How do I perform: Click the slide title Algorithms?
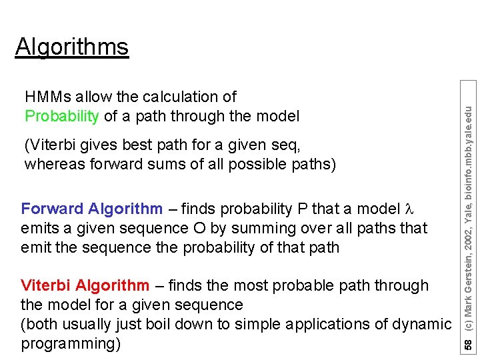71,47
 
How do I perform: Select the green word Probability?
62,117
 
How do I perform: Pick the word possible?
249,164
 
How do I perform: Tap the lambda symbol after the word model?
411,209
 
